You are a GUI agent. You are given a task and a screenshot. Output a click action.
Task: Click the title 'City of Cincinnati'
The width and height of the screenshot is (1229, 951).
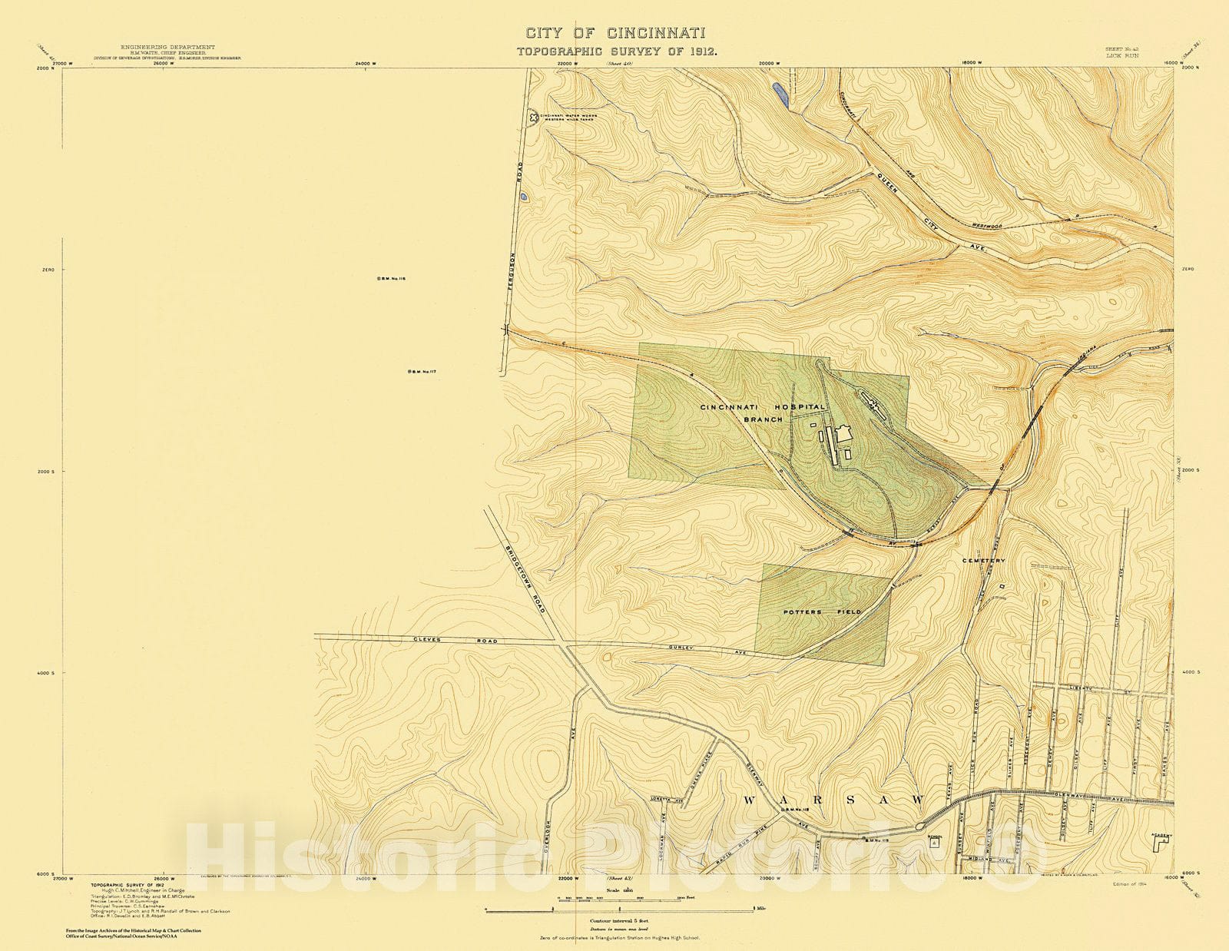pyautogui.click(x=615, y=33)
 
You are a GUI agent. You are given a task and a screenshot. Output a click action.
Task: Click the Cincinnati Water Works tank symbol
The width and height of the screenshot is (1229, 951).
pyautogui.click(x=533, y=118)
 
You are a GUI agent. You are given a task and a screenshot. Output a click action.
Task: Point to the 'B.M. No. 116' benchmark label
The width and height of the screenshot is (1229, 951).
pyautogui.click(x=391, y=279)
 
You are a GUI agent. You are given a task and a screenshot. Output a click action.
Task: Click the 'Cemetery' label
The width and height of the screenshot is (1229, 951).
pyautogui.click(x=983, y=561)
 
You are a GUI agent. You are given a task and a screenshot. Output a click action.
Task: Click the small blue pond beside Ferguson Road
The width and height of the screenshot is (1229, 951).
pyautogui.click(x=524, y=197)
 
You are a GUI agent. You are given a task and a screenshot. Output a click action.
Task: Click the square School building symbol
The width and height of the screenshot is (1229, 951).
pyautogui.click(x=933, y=843)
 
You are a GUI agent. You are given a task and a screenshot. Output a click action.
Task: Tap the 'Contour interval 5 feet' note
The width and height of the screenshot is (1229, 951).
pyautogui.click(x=615, y=920)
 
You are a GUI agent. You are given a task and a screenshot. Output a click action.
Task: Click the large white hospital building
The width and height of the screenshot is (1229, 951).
pyautogui.click(x=843, y=435)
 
